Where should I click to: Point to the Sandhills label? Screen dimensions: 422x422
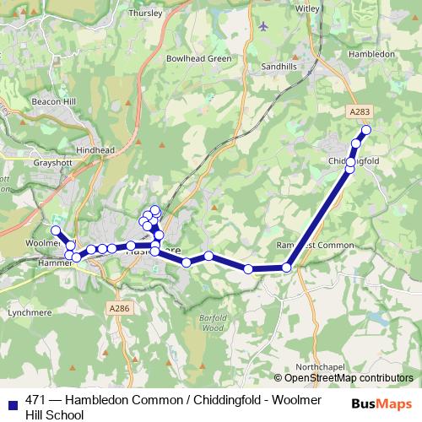pyautogui.click(x=279, y=65)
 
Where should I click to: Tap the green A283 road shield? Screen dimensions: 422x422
pyautogui.click(x=359, y=110)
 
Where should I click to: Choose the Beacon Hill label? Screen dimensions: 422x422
pyautogui.click(x=55, y=101)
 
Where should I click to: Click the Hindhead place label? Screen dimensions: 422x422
pyautogui.click(x=95, y=149)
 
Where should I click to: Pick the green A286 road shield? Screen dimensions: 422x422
pyautogui.click(x=121, y=309)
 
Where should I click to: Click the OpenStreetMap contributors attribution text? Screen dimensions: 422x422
pyautogui.click(x=348, y=378)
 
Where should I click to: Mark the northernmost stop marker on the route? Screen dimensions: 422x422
pyautogui.click(x=366, y=130)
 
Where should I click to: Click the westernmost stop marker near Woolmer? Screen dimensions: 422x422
pyautogui.click(x=56, y=230)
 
